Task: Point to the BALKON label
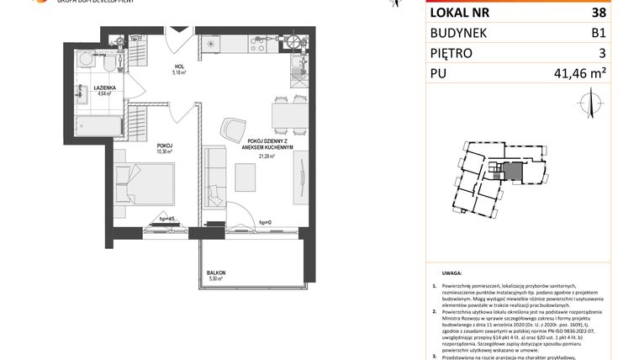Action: point(217,273)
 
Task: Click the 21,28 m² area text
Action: point(267,156)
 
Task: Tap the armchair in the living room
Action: point(233,129)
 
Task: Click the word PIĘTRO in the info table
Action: point(451,53)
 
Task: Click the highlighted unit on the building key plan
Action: point(512,172)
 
